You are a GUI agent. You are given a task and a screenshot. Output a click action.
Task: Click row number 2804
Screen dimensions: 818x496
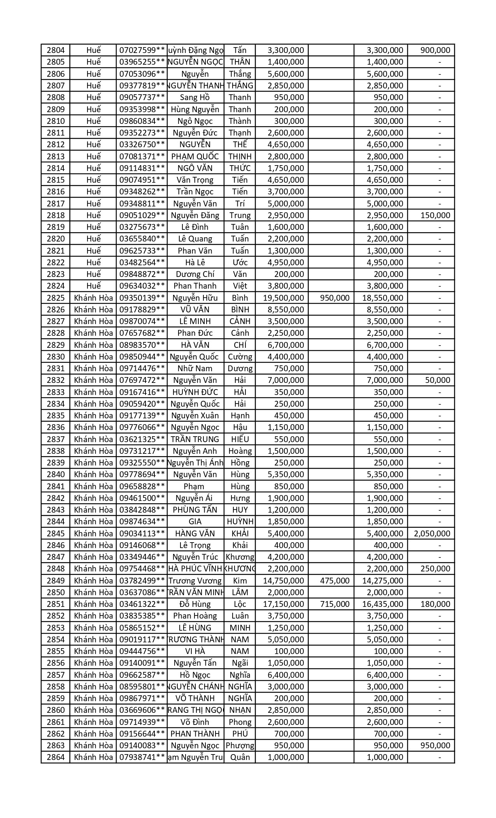[56, 50]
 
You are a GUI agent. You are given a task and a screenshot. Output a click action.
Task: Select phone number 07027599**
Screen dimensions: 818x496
[142, 50]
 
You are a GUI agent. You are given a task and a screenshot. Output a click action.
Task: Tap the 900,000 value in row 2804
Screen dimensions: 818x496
[435, 50]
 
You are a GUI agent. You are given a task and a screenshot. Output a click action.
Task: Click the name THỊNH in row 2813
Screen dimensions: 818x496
[240, 157]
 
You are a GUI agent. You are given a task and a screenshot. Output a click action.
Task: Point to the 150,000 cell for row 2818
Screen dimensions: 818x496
[435, 215]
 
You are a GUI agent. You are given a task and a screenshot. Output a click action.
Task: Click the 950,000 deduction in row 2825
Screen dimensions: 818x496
[335, 298]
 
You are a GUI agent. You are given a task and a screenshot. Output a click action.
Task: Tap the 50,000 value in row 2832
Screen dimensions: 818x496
[438, 380]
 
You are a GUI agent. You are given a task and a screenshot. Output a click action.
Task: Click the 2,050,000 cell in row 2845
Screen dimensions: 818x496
[432, 534]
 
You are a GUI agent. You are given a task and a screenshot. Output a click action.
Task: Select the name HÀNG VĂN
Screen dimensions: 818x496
[195, 534]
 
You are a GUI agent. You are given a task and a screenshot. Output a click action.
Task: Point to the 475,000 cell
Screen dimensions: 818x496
[335, 581]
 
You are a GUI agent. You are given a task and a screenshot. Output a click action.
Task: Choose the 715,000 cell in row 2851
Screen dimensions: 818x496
[335, 604]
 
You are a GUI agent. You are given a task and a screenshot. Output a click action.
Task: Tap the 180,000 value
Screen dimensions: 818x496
[435, 604]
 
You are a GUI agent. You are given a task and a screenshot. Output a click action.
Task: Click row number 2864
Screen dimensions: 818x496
[56, 757]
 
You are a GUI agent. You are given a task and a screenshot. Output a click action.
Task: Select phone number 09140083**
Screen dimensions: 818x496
[142, 746]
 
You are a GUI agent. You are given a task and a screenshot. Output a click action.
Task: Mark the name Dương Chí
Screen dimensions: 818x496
[195, 274]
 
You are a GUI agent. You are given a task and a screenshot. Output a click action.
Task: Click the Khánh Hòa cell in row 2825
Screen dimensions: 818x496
[93, 298]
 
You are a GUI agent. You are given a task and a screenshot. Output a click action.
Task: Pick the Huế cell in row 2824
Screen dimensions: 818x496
[93, 286]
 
